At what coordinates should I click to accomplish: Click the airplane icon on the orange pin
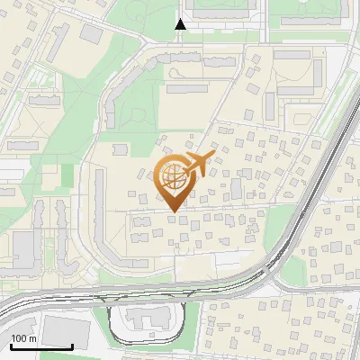pyautogui.click(x=198, y=164)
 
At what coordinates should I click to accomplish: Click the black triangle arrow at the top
pyautogui.click(x=181, y=24)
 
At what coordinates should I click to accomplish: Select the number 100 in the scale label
pyautogui.click(x=20, y=338)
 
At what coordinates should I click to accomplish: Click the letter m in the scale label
pyautogui.click(x=32, y=338)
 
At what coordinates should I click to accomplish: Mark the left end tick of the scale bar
pyautogui.click(x=12, y=346)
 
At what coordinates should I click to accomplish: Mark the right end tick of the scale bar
pyautogui.click(x=72, y=346)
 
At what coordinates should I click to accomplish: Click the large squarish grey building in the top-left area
pyautogui.click(x=92, y=33)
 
